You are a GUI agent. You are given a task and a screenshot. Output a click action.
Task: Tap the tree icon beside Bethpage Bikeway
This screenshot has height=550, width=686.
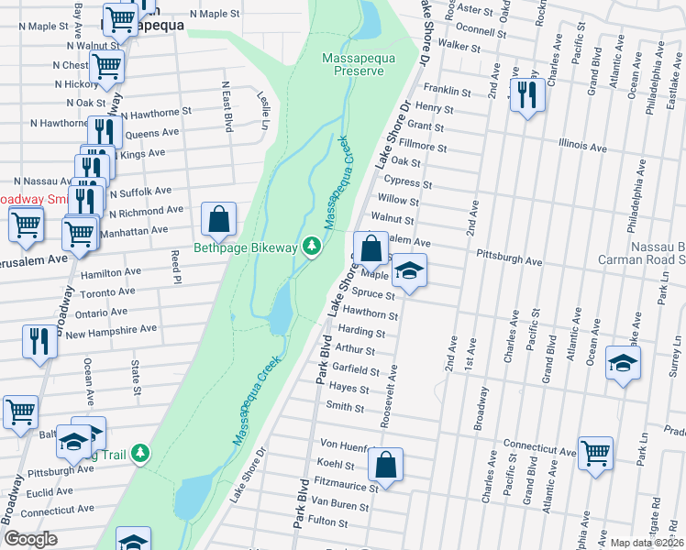pos(312,246)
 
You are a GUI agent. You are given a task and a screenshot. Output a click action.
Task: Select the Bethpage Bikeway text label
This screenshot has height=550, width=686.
pos(246,247)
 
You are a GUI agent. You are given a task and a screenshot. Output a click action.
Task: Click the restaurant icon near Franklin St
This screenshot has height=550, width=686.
pos(526,96)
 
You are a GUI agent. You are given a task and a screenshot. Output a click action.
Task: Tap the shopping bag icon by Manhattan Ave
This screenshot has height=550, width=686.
pos(219,220)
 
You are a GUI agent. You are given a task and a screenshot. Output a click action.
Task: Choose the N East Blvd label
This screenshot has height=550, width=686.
pos(225,105)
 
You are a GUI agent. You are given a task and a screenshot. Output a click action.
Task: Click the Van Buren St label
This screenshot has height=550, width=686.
pos(339,503)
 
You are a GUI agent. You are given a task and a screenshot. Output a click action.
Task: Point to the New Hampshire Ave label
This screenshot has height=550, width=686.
pos(111,329)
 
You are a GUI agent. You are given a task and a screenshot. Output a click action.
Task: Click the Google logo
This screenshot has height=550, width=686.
pos(30,539)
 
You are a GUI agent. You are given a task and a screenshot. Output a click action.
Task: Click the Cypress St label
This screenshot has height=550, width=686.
pos(409,182)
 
